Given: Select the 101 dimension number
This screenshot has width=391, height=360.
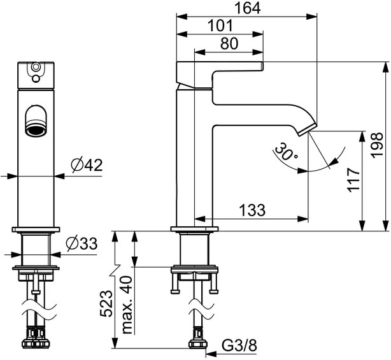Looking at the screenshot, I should point(220,26).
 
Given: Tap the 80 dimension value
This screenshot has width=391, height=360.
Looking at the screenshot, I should point(229,43).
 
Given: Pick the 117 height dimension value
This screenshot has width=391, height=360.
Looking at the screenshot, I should point(355,180).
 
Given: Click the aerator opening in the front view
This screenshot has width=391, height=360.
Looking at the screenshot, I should point(36,122).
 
